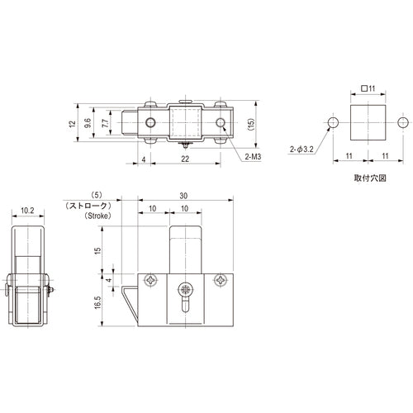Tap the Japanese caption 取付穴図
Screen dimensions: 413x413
pyautogui.click(x=363, y=177)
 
